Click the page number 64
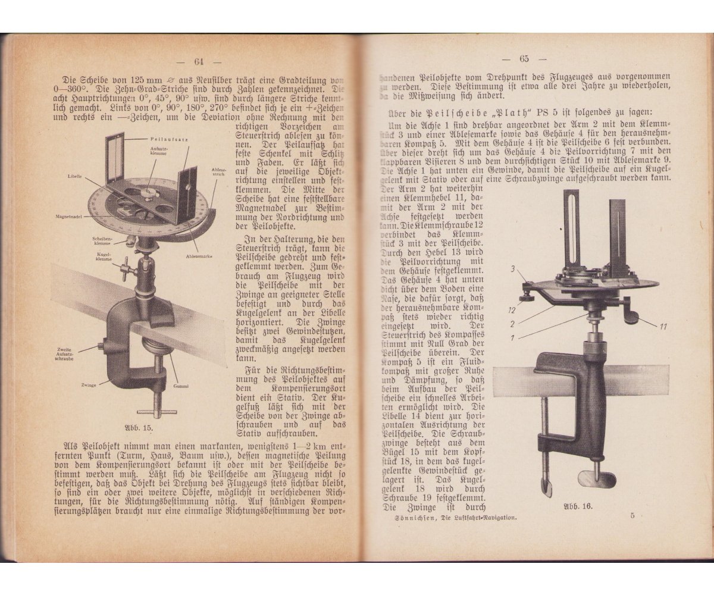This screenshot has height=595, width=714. tap(199, 61)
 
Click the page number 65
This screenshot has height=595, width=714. tap(524, 58)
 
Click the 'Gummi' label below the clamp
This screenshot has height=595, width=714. tap(181, 387)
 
